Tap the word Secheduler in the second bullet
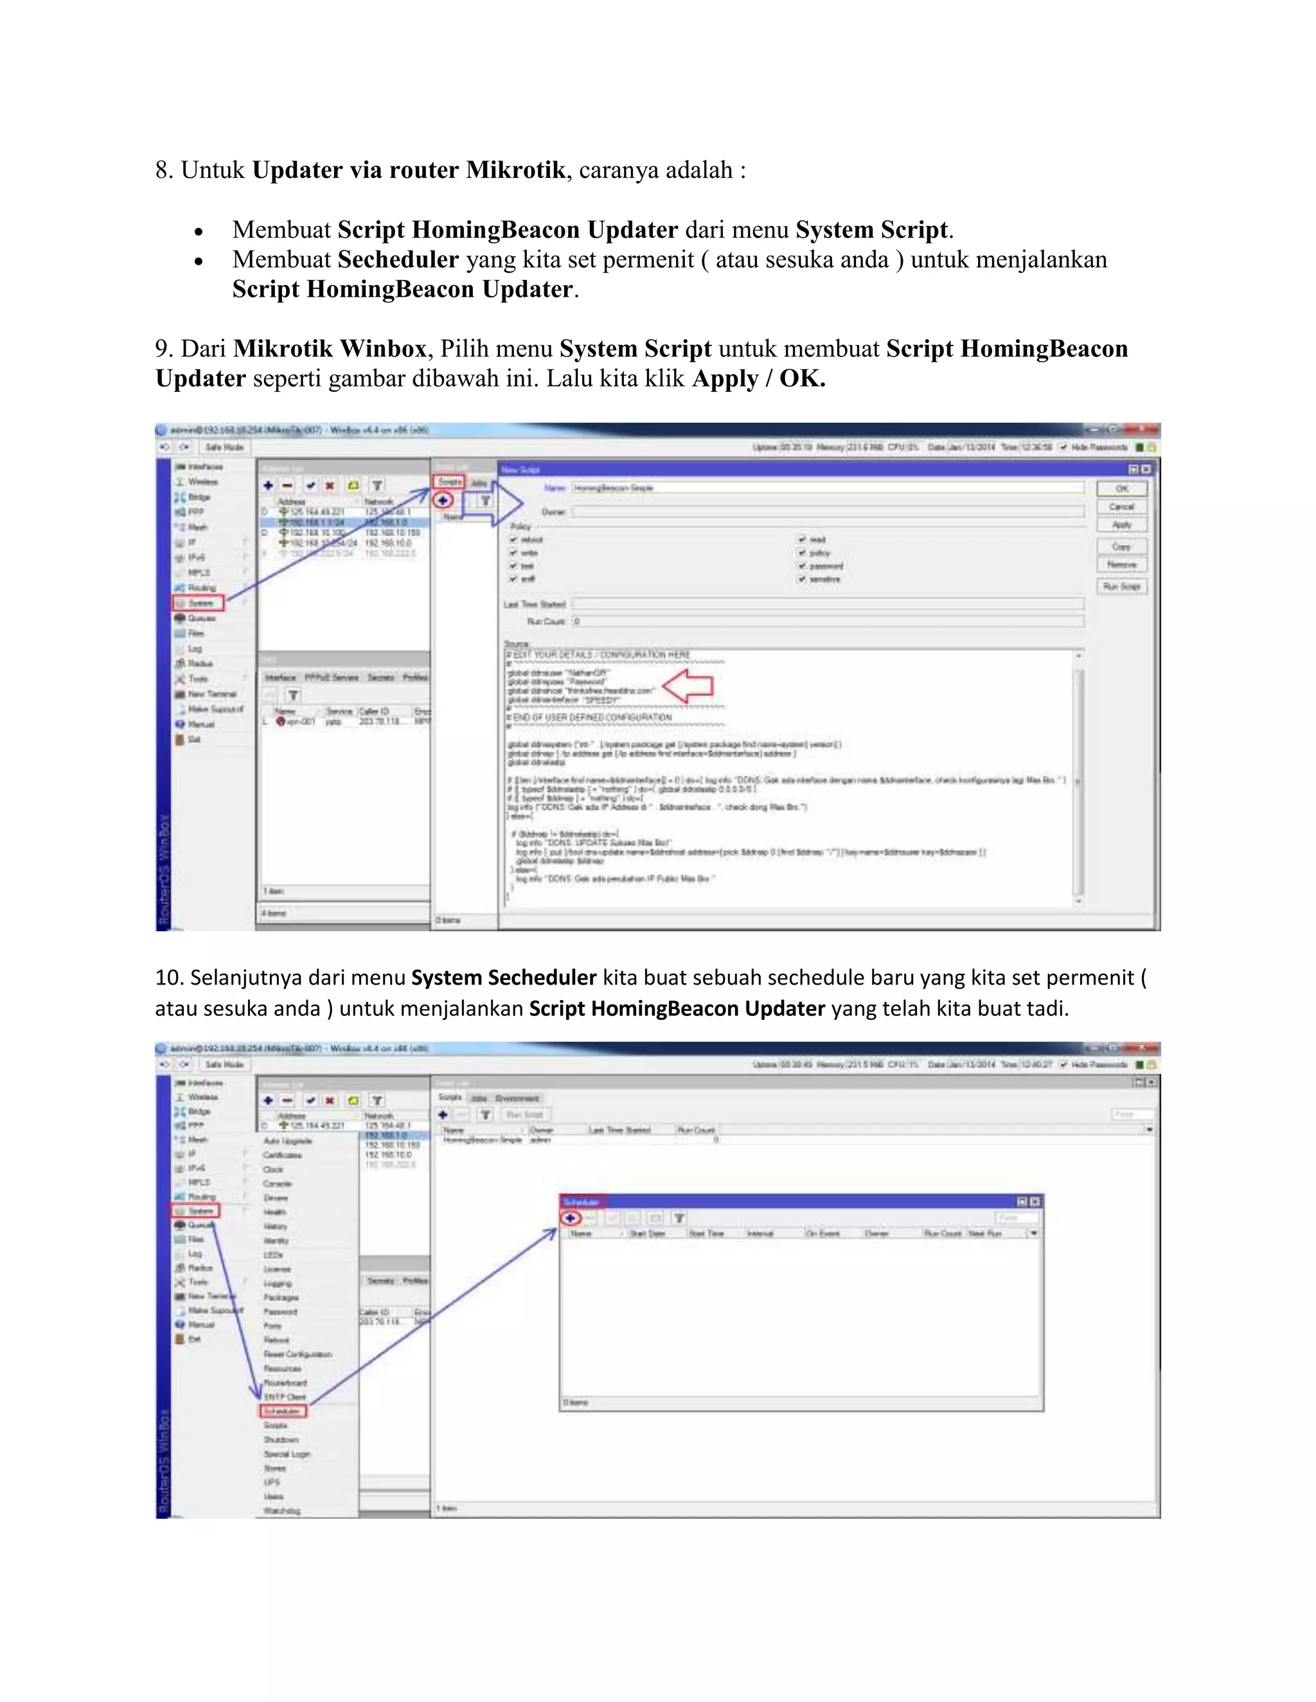[x=398, y=259]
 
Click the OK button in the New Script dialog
[x=1121, y=489]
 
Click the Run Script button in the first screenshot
[x=1121, y=586]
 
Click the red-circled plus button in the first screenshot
[x=443, y=500]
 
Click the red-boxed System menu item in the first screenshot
[x=199, y=602]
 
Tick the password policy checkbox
[x=802, y=566]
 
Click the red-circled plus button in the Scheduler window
[x=571, y=1218]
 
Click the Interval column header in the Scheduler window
[x=760, y=1234]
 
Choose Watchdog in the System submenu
[x=281, y=1511]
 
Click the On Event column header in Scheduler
[x=823, y=1234]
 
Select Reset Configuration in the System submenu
[x=298, y=1355]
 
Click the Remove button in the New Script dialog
[x=1121, y=564]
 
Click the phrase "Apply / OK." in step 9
[x=758, y=379]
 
